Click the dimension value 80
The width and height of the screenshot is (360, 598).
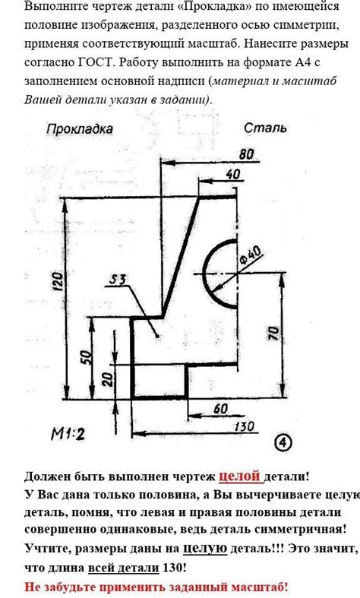(246, 154)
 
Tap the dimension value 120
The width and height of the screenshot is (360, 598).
(57, 282)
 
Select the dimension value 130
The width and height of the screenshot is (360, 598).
(244, 426)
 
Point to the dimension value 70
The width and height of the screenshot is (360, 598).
(274, 333)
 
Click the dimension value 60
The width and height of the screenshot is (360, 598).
(221, 409)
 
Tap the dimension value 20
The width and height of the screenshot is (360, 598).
(108, 379)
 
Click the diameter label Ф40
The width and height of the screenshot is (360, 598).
(251, 255)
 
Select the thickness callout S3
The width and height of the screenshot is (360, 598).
(118, 280)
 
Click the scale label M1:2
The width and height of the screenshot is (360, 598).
(68, 434)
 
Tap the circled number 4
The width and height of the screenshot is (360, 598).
(283, 442)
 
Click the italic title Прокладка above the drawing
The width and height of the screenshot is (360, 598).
(80, 129)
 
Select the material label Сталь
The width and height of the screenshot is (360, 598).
(265, 128)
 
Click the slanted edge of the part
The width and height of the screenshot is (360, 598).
(181, 256)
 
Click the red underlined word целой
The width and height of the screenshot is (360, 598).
(239, 476)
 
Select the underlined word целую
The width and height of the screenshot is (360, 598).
(205, 549)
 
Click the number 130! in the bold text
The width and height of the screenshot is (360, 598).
(175, 568)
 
